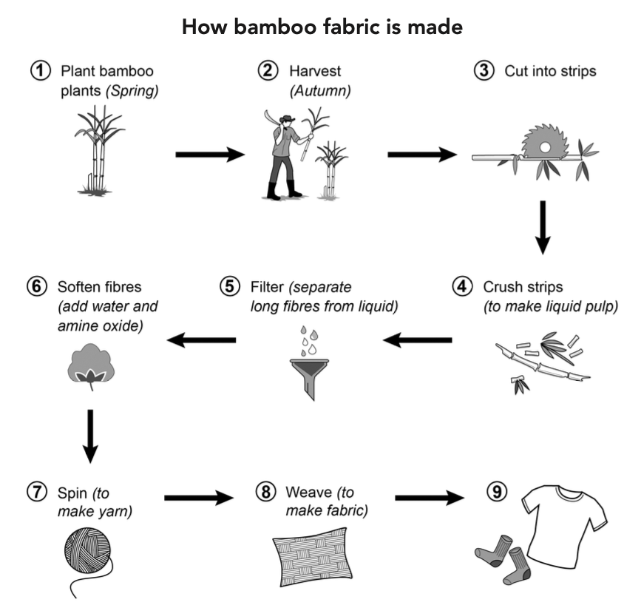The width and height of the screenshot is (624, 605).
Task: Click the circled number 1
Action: [41, 70]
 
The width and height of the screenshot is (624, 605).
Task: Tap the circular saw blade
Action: [544, 141]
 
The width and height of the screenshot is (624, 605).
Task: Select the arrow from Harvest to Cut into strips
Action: [422, 155]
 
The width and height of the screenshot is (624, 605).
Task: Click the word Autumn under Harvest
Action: [320, 91]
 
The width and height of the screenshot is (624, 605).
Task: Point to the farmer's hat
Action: [287, 118]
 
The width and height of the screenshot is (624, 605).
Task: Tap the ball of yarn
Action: [87, 550]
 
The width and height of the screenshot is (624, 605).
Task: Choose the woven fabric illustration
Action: [312, 557]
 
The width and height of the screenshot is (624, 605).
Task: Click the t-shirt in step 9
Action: [565, 526]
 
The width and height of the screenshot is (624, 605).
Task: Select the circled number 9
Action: [497, 491]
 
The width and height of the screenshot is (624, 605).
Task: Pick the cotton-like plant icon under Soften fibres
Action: [91, 366]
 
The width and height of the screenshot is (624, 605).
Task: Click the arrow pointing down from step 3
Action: [543, 227]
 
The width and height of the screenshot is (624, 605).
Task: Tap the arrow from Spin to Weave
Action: [199, 498]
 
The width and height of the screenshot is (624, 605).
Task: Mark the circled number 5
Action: [230, 286]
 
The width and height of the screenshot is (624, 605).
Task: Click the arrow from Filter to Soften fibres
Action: [201, 340]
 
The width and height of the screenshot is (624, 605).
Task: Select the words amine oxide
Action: [100, 325]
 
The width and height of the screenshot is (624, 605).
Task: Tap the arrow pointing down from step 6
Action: [90, 436]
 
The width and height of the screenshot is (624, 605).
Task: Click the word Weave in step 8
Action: [309, 493]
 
